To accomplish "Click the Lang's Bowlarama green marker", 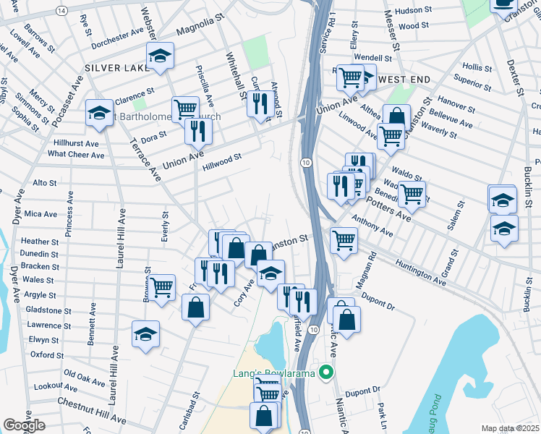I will click(x=326, y=373).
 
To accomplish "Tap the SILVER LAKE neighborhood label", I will click(x=114, y=67).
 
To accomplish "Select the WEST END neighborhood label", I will click(x=404, y=79).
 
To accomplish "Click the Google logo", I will click(x=24, y=425).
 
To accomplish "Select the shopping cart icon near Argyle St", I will click(x=163, y=286).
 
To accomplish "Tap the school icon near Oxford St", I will click(x=145, y=334).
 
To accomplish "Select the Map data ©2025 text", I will click(x=511, y=428).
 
